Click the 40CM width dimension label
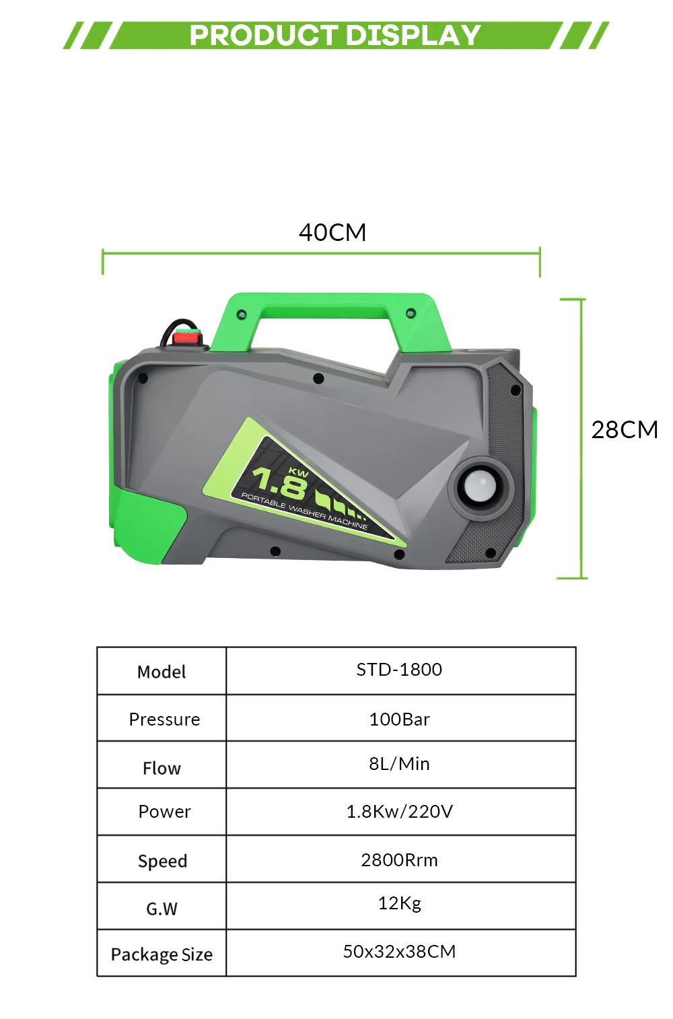(x=332, y=232)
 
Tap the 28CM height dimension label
(x=625, y=430)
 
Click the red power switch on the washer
(x=187, y=338)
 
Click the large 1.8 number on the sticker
(x=279, y=483)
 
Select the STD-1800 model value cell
(x=399, y=670)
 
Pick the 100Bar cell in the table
(x=399, y=719)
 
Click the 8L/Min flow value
(x=399, y=764)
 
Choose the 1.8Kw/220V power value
(x=400, y=812)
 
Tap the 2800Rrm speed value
(x=399, y=860)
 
